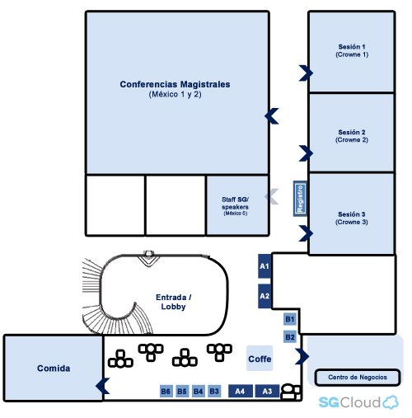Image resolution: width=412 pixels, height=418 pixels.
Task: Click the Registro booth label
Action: [300, 199]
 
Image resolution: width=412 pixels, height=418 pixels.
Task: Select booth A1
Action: [265, 266]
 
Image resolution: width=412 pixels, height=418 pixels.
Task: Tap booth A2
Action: [265, 296]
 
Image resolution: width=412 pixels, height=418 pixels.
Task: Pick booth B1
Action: [290, 319]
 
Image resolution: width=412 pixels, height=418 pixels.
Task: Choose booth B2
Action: [290, 337]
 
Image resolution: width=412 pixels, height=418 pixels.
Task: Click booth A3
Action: [267, 391]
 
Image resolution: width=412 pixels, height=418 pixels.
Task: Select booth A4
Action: [241, 391]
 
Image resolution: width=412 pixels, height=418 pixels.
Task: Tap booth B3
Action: [214, 391]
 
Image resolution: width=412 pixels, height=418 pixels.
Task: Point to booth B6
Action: [166, 391]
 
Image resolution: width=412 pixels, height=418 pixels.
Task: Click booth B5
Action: [182, 391]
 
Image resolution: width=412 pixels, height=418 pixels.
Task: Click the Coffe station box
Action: [260, 359]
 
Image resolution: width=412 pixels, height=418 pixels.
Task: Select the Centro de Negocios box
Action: [358, 378]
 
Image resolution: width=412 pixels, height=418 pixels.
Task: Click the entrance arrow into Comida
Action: [102, 386]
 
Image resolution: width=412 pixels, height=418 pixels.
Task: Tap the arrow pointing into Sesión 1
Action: [306, 73]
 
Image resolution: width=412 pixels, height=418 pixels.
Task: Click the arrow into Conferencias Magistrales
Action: [272, 116]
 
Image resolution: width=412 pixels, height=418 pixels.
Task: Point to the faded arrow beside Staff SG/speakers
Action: [272, 196]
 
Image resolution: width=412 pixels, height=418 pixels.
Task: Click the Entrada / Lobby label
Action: [173, 302]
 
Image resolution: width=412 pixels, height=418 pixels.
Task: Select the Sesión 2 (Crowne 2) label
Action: [352, 136]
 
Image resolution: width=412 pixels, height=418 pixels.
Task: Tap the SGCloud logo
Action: [358, 402]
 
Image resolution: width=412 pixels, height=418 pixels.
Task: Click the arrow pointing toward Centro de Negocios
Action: [302, 356]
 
